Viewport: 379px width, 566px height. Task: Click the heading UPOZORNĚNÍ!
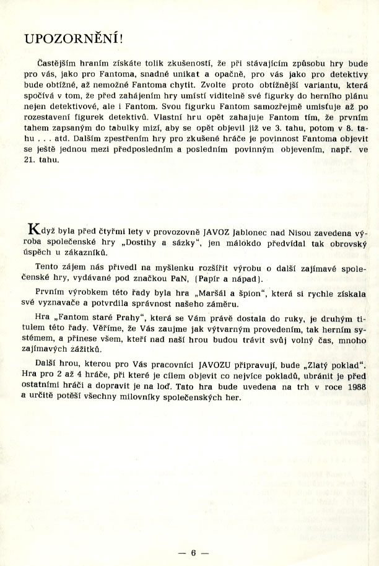[75, 38]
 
